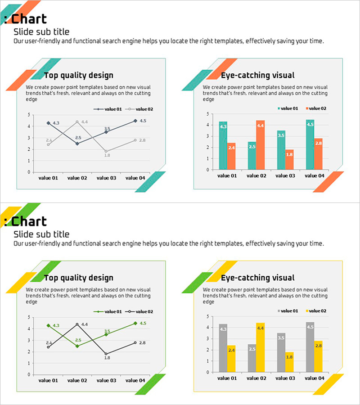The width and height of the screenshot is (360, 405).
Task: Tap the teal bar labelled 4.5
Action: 310,144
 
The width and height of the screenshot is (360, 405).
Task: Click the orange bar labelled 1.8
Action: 289,160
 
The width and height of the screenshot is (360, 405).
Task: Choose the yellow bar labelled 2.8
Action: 318,356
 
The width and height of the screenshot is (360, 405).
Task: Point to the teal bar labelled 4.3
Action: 223,145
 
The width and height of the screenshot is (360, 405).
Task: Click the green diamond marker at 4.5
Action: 135,323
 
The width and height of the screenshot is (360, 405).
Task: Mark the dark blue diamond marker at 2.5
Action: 77,144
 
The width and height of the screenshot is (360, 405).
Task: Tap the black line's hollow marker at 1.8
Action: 106,354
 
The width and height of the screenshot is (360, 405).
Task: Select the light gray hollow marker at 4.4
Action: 77,122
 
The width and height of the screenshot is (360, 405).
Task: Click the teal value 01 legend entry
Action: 288,108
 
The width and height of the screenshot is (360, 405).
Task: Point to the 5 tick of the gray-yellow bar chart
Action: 207,316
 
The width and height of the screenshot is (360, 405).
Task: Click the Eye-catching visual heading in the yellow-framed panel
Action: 257,278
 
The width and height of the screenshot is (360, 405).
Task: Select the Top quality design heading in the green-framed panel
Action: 78,278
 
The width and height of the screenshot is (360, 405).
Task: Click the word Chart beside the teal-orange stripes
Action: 29,19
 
